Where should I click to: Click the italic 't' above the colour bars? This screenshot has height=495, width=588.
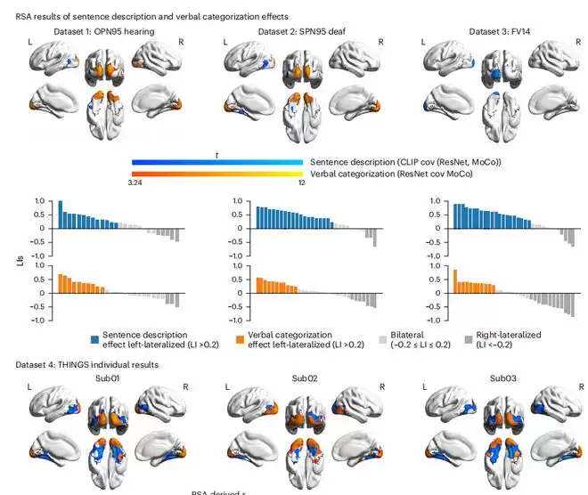click(x=217, y=153)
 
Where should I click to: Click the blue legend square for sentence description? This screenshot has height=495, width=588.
click(x=94, y=339)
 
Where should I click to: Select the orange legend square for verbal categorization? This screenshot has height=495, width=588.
click(x=240, y=339)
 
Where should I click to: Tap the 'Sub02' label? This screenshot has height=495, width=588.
click(x=304, y=377)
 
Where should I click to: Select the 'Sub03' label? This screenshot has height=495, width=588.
click(x=497, y=377)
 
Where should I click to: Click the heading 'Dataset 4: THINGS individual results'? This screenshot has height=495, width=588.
click(x=87, y=364)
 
